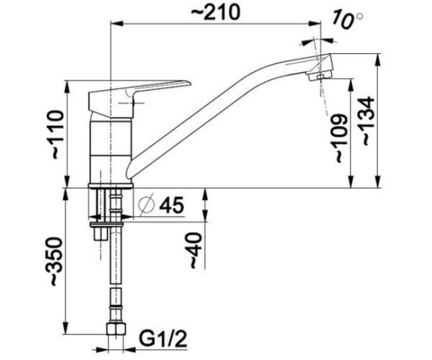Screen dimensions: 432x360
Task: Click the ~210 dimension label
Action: click(x=215, y=13)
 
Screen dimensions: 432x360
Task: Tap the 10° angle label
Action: click(x=347, y=19)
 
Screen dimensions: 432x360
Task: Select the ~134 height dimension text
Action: click(x=368, y=121)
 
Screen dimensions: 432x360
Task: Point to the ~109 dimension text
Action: click(x=340, y=138)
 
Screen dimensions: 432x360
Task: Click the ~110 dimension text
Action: click(x=58, y=134)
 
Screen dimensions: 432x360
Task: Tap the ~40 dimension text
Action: click(x=196, y=250)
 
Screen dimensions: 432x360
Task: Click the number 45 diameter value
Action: click(x=171, y=205)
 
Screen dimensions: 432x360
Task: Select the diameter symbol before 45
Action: click(x=146, y=205)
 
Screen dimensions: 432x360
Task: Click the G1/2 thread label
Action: click(x=163, y=339)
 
